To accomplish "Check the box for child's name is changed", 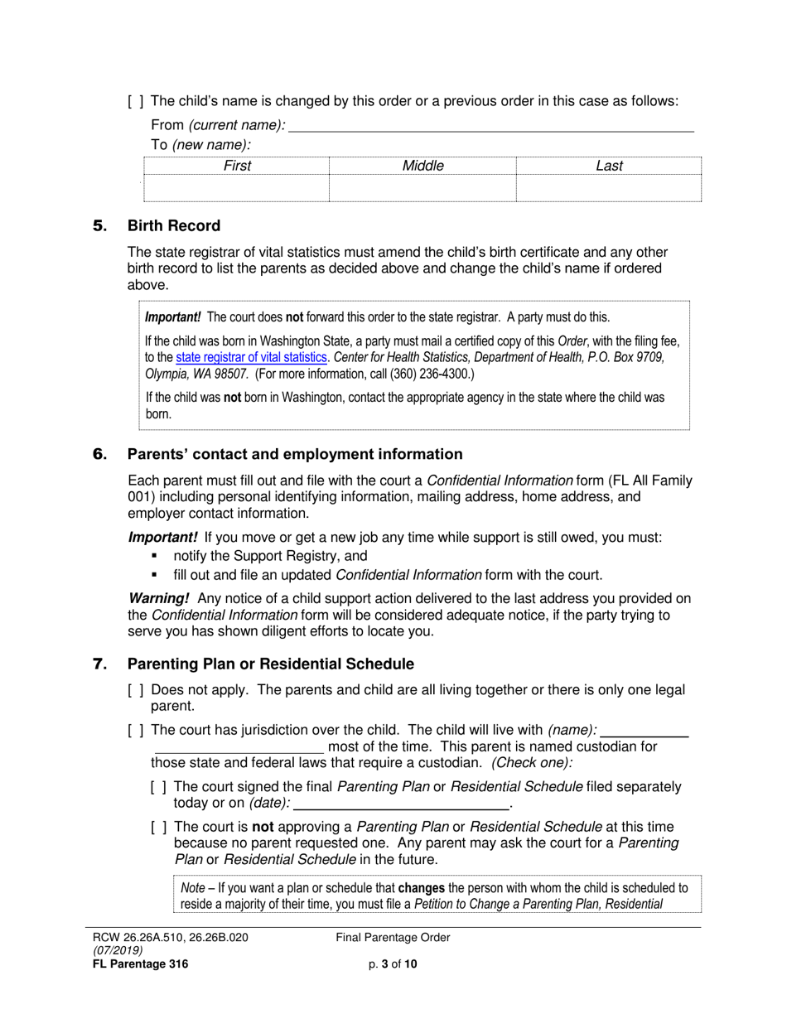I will (136, 102).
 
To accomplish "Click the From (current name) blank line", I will (490, 126).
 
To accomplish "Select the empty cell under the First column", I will (237, 189).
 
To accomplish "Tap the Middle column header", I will (422, 166).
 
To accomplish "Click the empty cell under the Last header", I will (609, 189).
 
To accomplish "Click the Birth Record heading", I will (174, 226).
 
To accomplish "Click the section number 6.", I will (100, 454).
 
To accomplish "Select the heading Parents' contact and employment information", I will (295, 454).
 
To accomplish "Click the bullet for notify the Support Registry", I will (154, 557).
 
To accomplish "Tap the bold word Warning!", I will (159, 598).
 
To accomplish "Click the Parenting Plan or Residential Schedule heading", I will (271, 664).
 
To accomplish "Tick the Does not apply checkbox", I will (136, 690).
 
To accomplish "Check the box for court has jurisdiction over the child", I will (136, 730).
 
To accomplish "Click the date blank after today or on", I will (402, 803).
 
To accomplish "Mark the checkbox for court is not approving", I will (159, 827).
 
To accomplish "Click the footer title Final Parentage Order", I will (393, 938).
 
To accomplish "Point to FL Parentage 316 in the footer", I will (140, 963).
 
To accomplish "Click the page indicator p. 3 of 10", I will (393, 963).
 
